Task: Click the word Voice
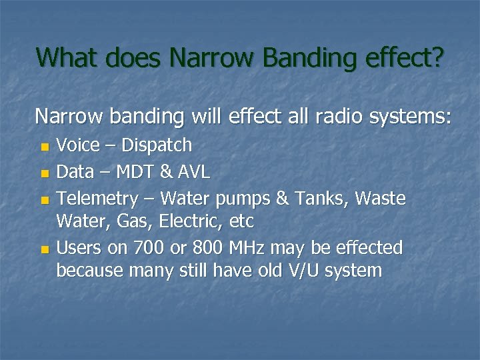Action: (78, 145)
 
